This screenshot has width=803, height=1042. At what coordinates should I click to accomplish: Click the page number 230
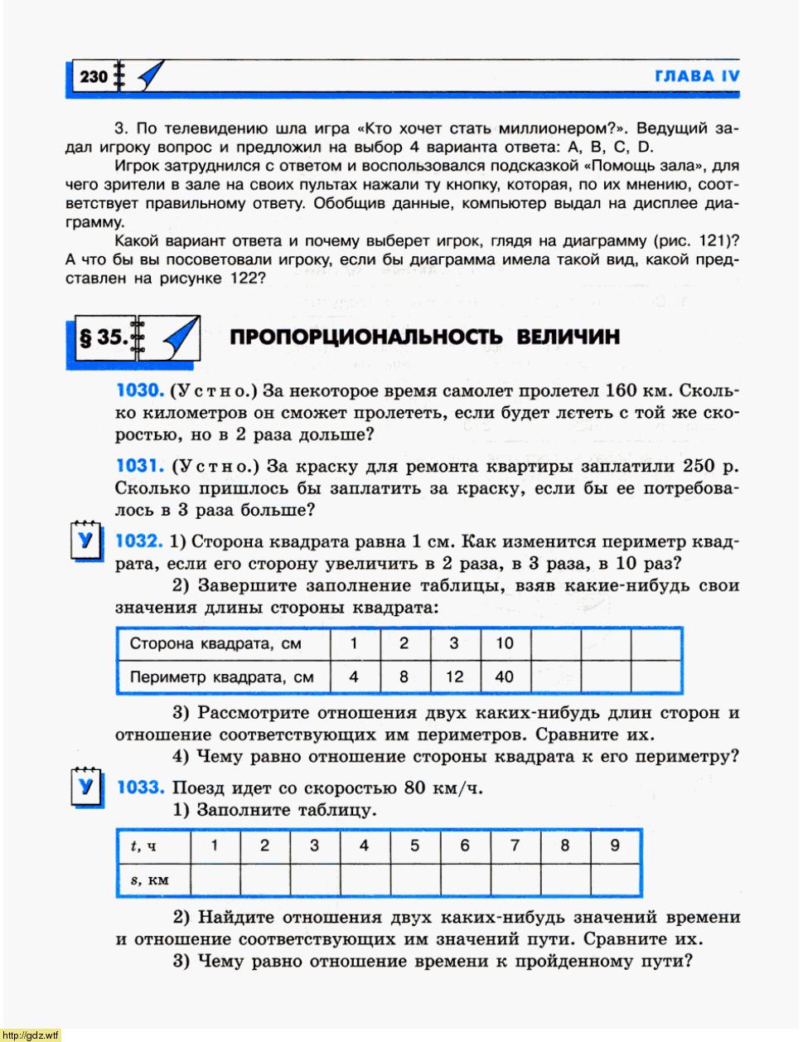click(x=94, y=77)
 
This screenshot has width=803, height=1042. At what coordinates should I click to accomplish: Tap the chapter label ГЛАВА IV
click(x=697, y=76)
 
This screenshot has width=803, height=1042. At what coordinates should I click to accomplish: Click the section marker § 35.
click(x=103, y=337)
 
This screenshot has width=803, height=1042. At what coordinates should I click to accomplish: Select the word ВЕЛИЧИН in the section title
click(x=568, y=337)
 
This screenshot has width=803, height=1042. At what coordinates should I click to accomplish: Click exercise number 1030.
click(x=140, y=390)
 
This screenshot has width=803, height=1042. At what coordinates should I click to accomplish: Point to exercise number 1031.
click(x=140, y=466)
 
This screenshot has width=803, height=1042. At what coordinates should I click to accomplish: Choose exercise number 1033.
click(x=140, y=787)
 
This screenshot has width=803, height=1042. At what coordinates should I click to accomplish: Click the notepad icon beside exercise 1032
click(x=85, y=541)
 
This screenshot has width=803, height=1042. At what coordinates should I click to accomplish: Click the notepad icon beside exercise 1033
click(x=85, y=787)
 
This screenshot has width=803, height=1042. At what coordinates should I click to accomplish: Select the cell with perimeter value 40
click(x=504, y=676)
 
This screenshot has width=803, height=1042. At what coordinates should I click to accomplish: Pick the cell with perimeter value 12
click(x=454, y=676)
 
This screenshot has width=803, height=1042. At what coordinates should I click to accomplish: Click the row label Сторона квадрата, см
click(x=215, y=643)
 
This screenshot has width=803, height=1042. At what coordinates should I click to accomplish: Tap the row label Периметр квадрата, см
click(x=221, y=676)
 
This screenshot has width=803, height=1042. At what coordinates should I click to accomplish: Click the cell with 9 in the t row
click(x=615, y=846)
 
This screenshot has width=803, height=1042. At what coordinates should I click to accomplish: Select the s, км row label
click(x=149, y=880)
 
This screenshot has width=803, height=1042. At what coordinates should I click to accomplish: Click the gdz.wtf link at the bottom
click(x=31, y=1035)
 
